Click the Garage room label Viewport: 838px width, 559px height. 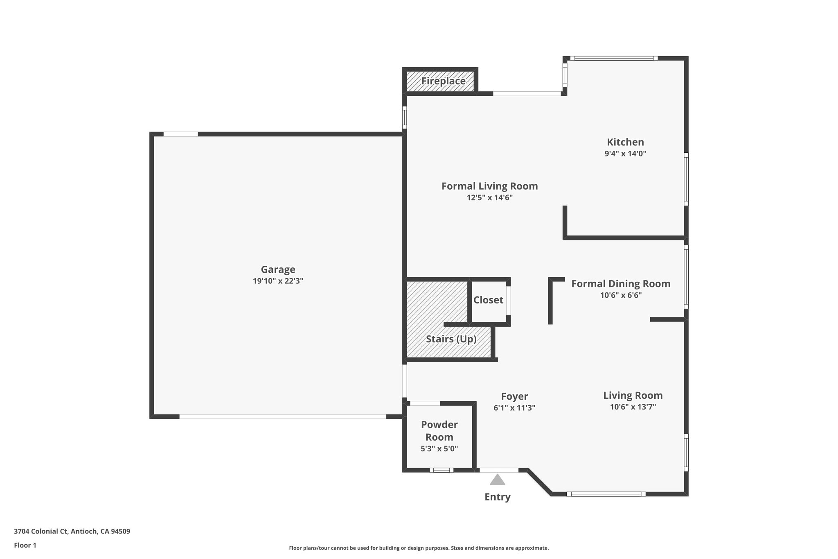278,269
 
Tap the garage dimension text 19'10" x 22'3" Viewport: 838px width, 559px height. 278,281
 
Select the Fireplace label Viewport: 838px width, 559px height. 443,81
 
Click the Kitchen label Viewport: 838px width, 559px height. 625,142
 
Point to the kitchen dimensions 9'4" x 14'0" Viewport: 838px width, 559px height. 625,154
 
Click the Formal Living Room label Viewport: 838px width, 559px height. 489,186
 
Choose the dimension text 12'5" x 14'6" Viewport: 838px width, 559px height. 489,197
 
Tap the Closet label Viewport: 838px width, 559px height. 488,300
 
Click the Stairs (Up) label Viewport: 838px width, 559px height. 451,339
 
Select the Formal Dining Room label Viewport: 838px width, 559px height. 621,284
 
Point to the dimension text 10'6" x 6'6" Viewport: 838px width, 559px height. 621,295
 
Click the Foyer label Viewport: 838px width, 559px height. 514,396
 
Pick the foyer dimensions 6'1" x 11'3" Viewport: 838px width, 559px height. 514,408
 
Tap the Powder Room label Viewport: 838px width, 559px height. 439,431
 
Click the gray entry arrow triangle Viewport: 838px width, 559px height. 497,480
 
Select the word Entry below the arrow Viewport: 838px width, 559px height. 497,497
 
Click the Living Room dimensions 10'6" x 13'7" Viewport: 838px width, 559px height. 633,407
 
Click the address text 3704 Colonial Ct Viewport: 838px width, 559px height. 41,532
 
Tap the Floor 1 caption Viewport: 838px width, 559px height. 25,545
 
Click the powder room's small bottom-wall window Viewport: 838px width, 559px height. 441,470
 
